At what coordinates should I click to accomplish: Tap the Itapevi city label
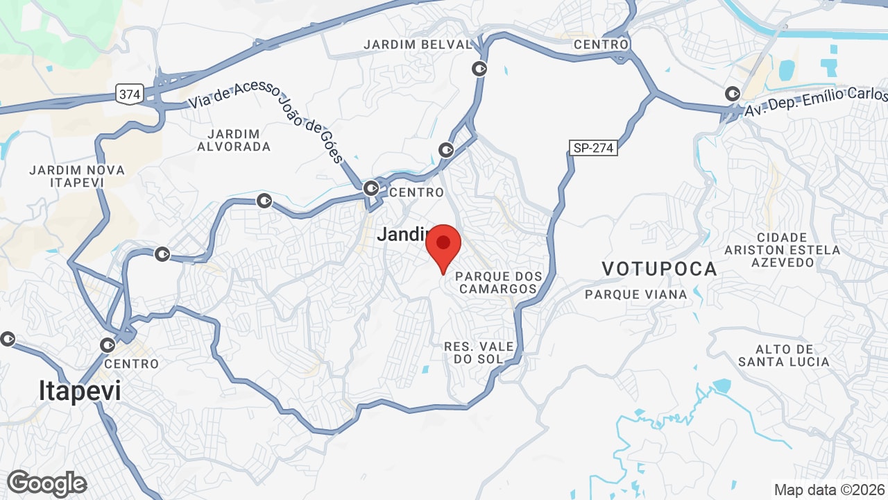click(80, 391)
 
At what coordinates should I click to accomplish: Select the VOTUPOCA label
click(659, 269)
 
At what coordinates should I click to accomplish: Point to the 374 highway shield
click(130, 94)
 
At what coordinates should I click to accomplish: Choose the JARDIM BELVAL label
click(418, 44)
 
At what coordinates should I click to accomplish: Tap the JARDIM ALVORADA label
click(234, 140)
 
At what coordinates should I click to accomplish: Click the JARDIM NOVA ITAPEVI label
click(77, 176)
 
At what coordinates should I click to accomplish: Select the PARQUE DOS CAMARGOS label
click(497, 283)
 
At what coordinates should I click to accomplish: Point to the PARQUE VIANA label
click(635, 294)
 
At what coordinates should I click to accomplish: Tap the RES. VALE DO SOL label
click(479, 352)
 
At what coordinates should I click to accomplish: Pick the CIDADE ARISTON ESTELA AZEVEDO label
click(783, 250)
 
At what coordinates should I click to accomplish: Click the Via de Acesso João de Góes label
click(266, 122)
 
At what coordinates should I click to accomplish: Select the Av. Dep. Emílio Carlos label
click(816, 101)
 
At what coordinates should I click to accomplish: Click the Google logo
click(47, 483)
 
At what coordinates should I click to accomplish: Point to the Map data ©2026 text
click(829, 490)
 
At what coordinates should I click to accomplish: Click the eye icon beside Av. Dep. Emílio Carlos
click(732, 93)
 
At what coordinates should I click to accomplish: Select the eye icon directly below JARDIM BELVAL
click(479, 69)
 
